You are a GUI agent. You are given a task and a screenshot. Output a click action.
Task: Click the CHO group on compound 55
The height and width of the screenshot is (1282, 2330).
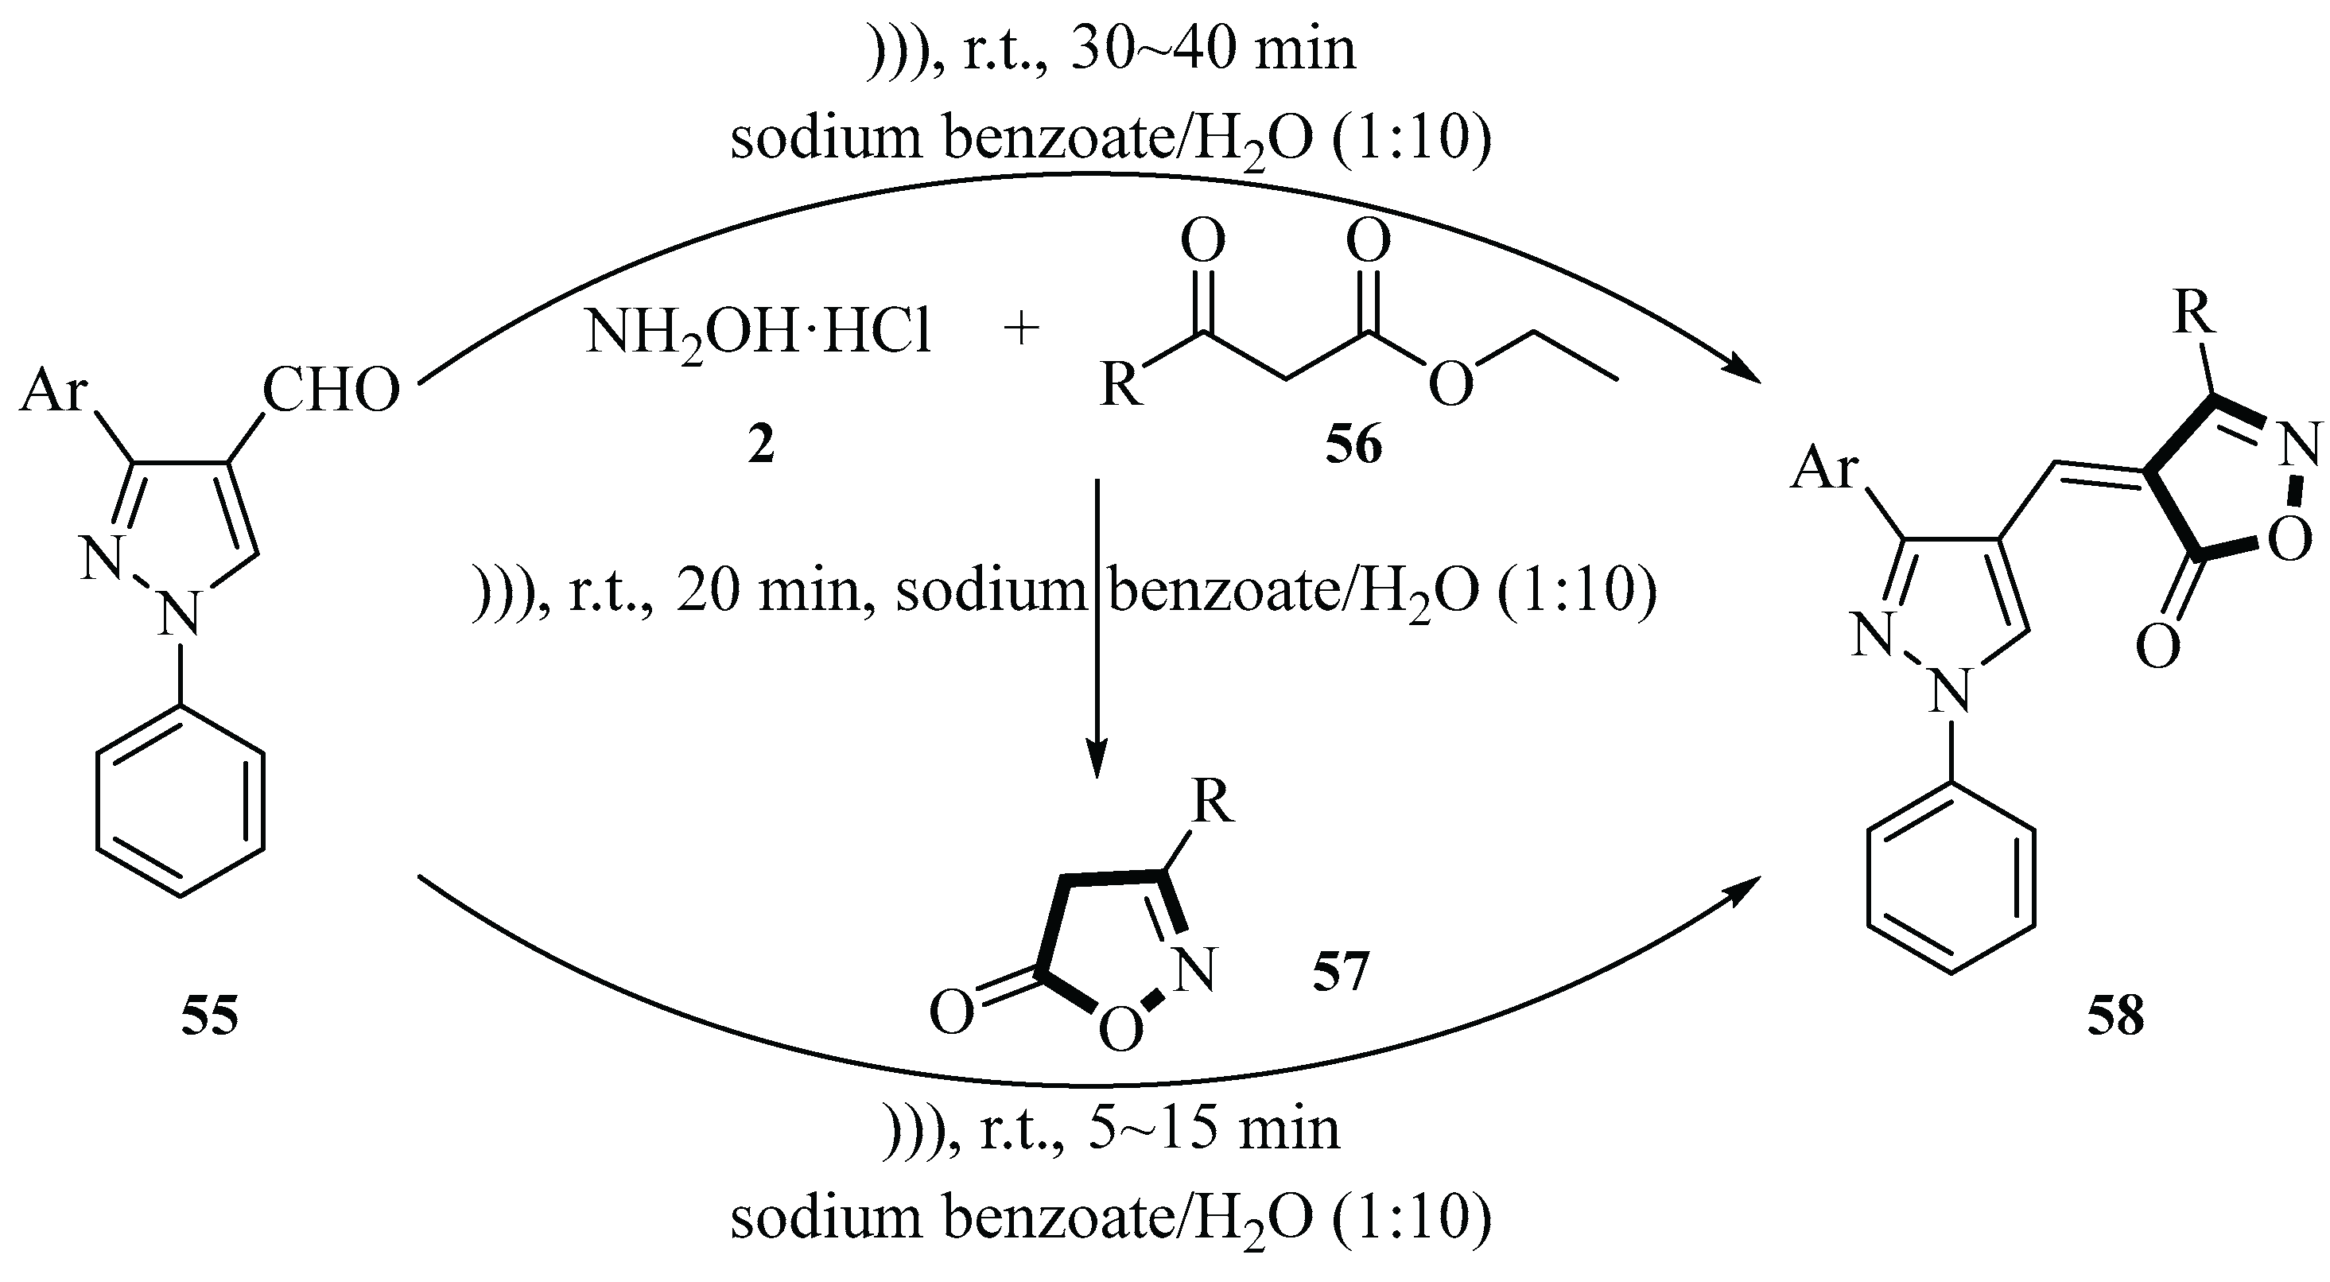coord(330,390)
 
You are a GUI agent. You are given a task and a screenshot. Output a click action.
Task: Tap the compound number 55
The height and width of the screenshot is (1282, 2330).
coord(209,1015)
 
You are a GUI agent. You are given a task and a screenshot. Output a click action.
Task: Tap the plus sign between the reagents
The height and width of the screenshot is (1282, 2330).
coord(1021,330)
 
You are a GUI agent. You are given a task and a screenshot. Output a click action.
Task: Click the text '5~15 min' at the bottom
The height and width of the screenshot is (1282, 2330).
coord(1213,1130)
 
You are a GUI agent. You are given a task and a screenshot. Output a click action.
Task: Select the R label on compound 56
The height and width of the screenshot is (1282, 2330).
coord(1120,386)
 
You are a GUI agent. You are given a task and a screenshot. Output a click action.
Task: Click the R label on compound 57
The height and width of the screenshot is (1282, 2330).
coord(1212,802)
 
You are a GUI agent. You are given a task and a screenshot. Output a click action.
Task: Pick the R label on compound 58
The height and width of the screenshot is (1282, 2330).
coord(2194,313)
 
